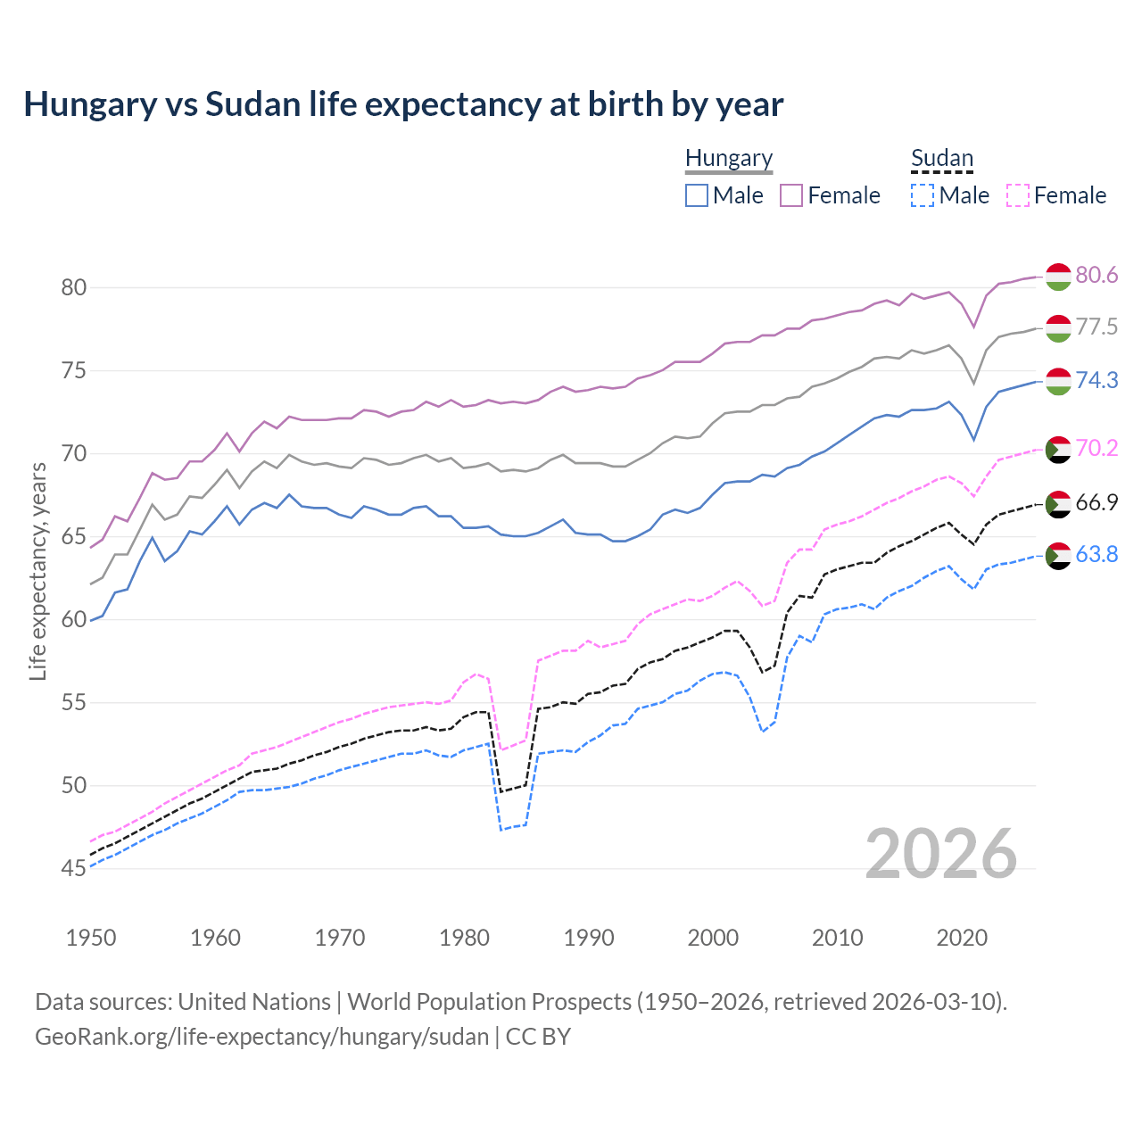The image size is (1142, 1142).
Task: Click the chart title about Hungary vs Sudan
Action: coord(403,104)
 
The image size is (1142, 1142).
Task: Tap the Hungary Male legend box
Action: coord(697,195)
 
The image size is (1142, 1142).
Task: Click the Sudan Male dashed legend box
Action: coord(923,195)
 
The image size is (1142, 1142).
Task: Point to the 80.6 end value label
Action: coord(1096,275)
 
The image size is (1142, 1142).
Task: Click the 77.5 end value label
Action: coord(1096,327)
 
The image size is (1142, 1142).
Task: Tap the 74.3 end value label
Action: coord(1096,380)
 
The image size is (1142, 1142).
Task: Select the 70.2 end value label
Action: coord(1096,448)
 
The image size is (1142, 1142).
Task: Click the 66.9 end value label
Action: coord(1096,502)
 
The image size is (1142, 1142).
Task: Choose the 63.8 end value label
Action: coord(1096,555)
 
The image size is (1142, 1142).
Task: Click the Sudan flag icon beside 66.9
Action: coord(1058,503)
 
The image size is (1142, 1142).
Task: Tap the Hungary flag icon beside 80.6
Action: coord(1058,277)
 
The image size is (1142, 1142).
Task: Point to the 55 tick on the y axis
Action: coord(74,703)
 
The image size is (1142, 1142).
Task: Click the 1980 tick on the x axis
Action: coord(465,938)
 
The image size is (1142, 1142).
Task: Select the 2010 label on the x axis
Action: coord(838,938)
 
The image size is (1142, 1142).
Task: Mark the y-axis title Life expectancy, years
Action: coord(37,571)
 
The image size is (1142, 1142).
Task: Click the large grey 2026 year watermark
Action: coord(941,854)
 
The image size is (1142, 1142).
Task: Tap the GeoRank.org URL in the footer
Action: coord(261,1037)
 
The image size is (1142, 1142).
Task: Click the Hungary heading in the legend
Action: coord(729,158)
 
